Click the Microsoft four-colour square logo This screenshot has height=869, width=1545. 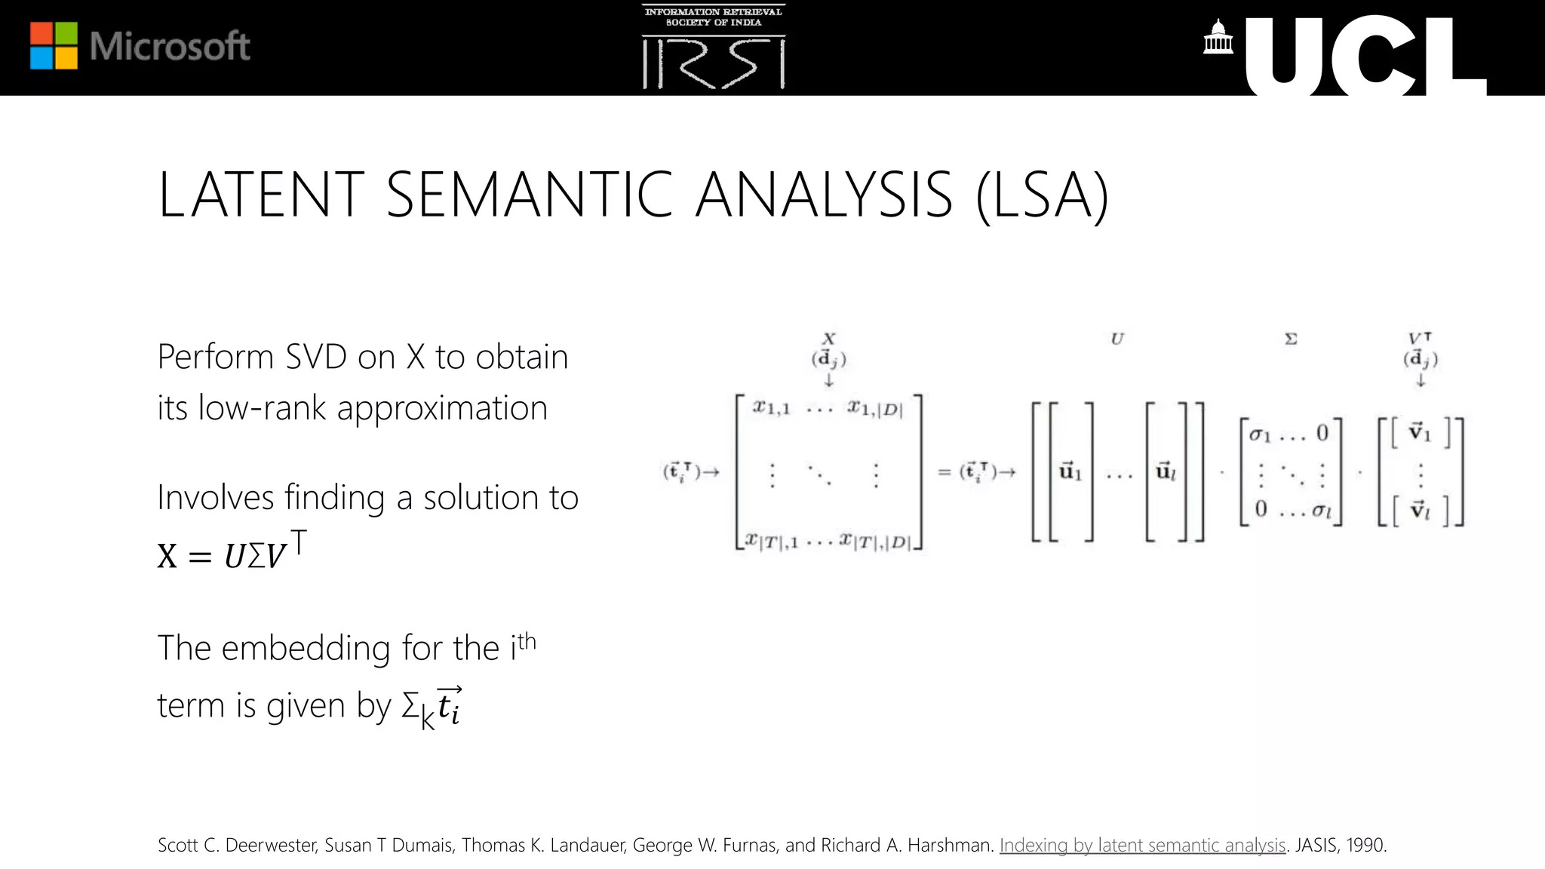(x=54, y=46)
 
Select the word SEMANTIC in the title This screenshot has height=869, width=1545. (x=529, y=195)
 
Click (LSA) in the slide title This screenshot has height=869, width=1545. (x=1042, y=195)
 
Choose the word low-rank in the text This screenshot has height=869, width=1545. (x=262, y=408)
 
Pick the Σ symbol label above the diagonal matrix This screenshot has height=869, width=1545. (x=1291, y=339)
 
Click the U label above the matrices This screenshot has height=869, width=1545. (x=1117, y=339)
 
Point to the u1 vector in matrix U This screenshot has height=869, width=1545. (x=1070, y=472)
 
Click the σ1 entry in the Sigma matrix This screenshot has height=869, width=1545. (x=1260, y=434)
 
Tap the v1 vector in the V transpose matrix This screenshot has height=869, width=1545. (x=1420, y=433)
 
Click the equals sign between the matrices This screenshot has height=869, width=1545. (x=944, y=473)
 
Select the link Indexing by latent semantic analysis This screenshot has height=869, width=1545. (x=1142, y=845)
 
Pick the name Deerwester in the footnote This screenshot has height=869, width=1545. (x=271, y=845)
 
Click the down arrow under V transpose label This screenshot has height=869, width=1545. (x=1421, y=380)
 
